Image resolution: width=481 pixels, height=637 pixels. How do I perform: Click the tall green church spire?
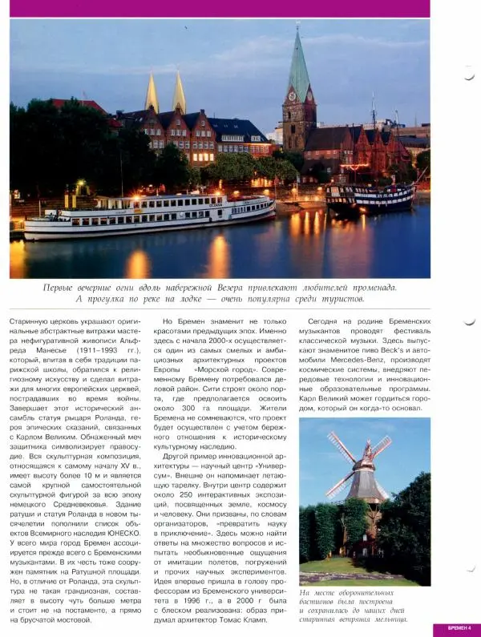pyautogui.click(x=298, y=64)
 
